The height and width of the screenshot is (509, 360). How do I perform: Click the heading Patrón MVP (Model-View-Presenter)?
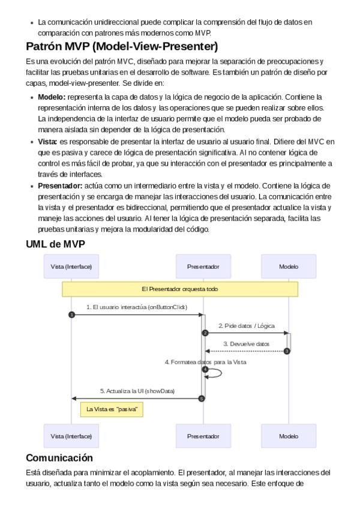122,47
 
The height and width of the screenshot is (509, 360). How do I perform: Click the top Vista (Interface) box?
71,267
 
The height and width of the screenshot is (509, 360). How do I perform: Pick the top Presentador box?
203,267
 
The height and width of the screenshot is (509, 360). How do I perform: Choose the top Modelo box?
289,267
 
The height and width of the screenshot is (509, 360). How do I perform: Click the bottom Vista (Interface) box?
71,436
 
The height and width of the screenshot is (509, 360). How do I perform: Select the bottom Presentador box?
203,436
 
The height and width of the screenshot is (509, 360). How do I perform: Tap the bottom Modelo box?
289,436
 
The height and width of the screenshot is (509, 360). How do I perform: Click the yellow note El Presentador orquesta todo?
180,289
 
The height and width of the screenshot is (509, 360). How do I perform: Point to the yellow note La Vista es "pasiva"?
112,409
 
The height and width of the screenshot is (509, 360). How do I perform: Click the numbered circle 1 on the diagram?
71,315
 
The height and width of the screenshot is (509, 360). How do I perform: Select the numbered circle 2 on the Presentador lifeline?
205,333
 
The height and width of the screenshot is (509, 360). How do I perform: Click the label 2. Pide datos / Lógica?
246,325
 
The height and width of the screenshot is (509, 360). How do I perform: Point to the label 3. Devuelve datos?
246,344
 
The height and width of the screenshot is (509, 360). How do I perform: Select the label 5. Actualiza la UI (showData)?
137,391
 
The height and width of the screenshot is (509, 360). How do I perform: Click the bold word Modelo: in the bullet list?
52,96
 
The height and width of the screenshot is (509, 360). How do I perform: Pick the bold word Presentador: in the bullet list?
60,186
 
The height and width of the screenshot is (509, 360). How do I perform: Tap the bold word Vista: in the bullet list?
47,141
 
